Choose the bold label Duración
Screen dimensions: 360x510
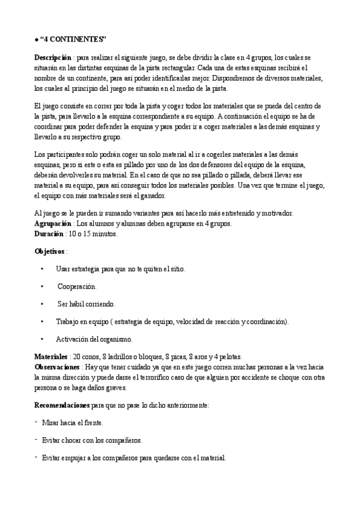tap(48, 233)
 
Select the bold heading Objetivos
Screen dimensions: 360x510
tap(49, 251)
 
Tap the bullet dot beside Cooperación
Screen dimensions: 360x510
tap(41, 286)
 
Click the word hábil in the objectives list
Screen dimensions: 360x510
tap(79, 304)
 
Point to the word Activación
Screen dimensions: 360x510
tap(71, 339)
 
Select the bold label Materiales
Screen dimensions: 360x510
tap(50, 357)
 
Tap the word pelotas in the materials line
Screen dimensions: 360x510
tap(230, 357)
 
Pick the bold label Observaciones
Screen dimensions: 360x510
tap(56, 366)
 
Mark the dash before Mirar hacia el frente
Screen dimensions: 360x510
tap(37, 422)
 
